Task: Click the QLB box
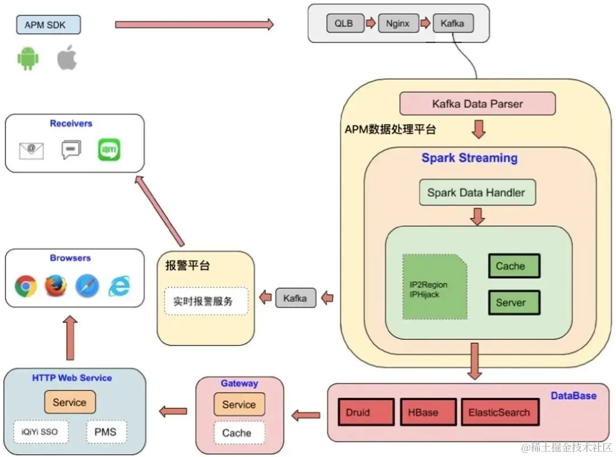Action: point(344,24)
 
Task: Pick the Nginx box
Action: point(398,24)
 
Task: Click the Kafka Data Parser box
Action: point(477,104)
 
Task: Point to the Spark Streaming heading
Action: point(469,158)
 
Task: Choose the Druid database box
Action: point(365,412)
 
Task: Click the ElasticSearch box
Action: point(499,412)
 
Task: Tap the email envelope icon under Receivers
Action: point(31,150)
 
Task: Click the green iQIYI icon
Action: point(109,149)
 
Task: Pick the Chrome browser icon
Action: point(26,285)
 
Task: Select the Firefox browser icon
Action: point(55,285)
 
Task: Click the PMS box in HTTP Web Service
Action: point(106,432)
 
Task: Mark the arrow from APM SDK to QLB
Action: point(194,25)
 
